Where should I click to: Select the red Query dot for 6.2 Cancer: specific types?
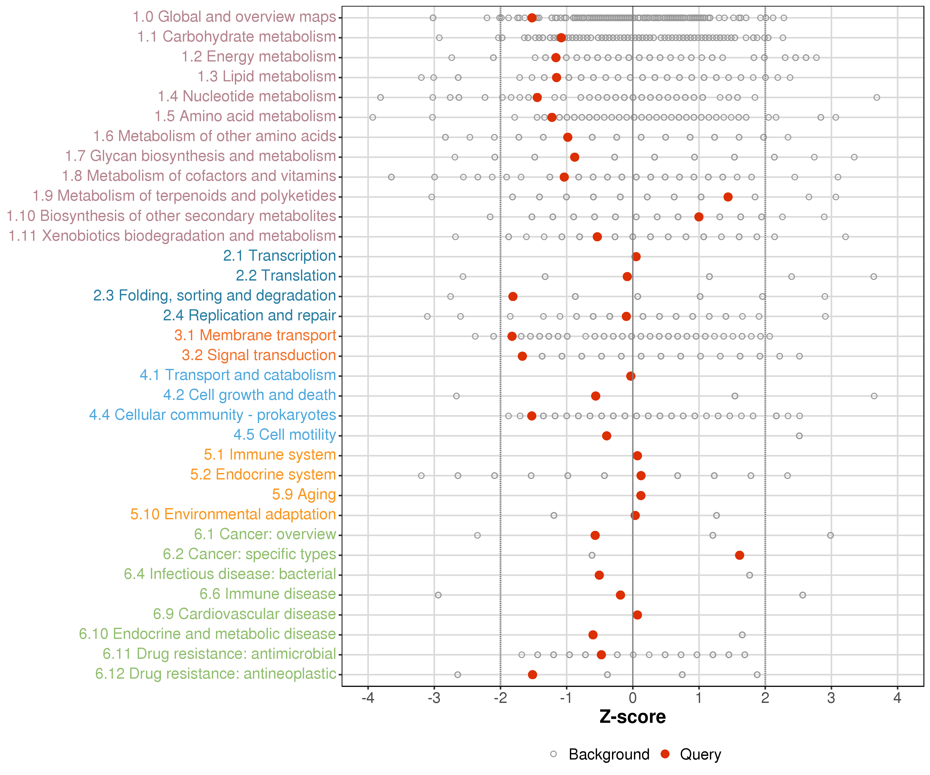[739, 555]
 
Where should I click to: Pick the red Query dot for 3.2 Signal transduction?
[522, 356]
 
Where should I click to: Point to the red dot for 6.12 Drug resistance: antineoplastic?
[532, 675]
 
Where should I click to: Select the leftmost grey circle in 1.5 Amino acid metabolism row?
[373, 117]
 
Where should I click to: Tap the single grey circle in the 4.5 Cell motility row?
[799, 436]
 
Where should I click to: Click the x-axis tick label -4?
[368, 698]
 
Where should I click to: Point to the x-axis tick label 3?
[831, 698]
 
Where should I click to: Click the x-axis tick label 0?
[632, 698]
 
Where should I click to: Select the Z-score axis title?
[632, 717]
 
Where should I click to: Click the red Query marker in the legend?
[665, 754]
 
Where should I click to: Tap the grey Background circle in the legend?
[553, 754]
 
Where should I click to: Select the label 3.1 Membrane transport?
[255, 335]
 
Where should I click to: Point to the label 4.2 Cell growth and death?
[249, 395]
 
